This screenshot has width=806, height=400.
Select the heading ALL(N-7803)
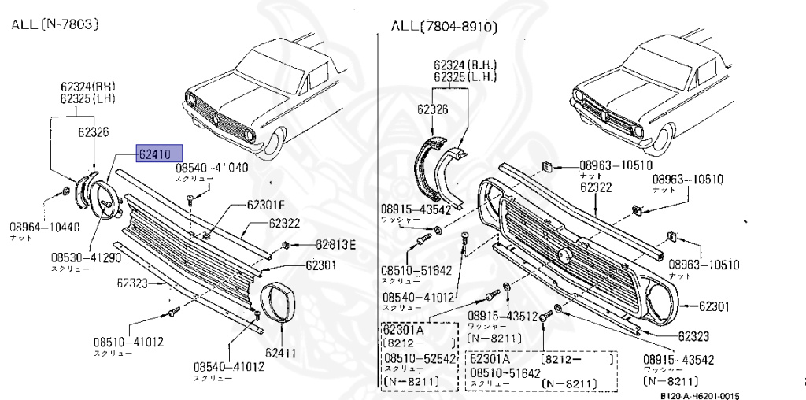[x=54, y=24]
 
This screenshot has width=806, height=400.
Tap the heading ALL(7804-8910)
[x=445, y=28]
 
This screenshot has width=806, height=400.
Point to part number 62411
[x=280, y=353]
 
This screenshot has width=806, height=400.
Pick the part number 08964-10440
[x=44, y=228]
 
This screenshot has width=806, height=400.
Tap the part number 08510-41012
[x=128, y=342]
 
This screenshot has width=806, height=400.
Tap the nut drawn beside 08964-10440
[x=65, y=192]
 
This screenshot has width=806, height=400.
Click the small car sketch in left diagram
[x=240, y=94]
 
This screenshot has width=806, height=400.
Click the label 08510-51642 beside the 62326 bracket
[x=417, y=270]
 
